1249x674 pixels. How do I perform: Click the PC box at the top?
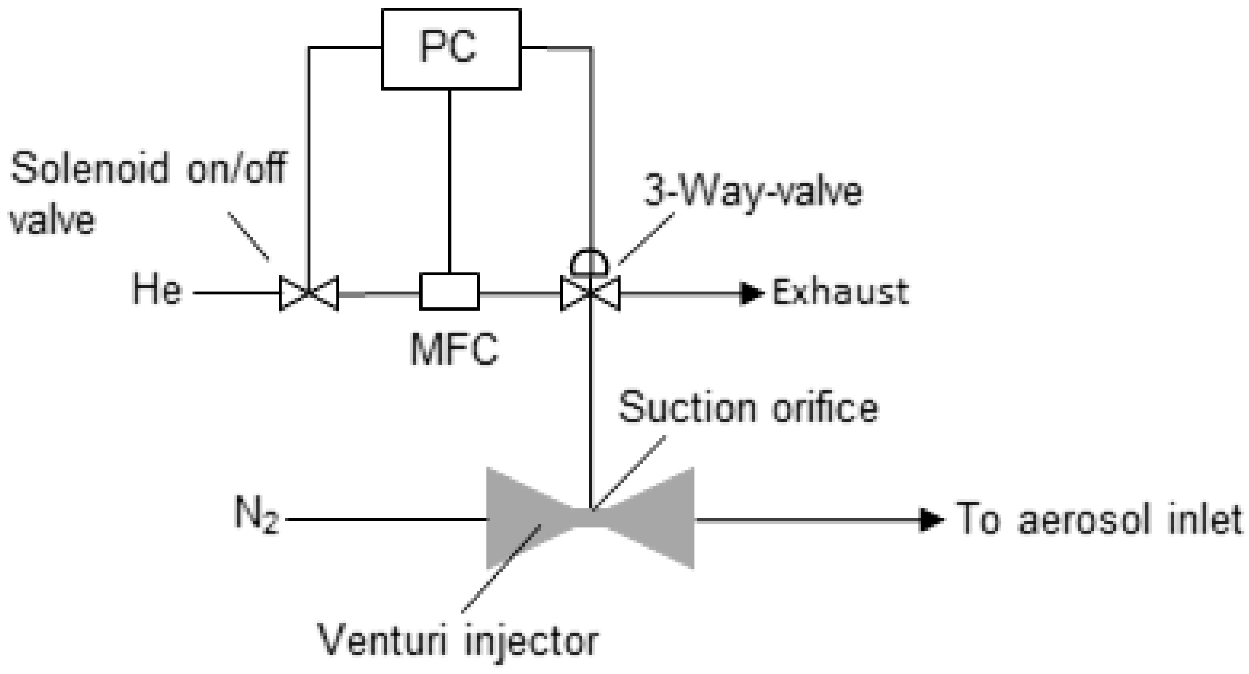(x=451, y=48)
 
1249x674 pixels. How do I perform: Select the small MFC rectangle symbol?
(x=449, y=291)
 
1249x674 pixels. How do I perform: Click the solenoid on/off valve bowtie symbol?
(x=309, y=293)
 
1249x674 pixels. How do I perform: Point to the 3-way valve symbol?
(x=590, y=293)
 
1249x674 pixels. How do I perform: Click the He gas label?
(x=156, y=290)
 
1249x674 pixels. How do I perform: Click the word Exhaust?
(x=840, y=292)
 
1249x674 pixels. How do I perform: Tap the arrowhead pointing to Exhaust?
(x=751, y=293)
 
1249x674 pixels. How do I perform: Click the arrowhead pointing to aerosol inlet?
(x=931, y=520)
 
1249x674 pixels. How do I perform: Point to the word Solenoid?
(x=90, y=168)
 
